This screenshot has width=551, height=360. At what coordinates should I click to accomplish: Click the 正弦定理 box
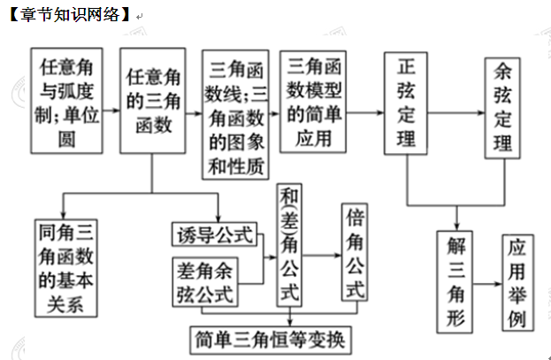coord(406,105)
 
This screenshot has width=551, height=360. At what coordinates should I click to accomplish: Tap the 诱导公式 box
coord(212,234)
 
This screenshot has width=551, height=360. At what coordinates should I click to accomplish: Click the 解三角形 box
coord(457,280)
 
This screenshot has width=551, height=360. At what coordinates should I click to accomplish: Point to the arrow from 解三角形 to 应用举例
coord(489,283)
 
